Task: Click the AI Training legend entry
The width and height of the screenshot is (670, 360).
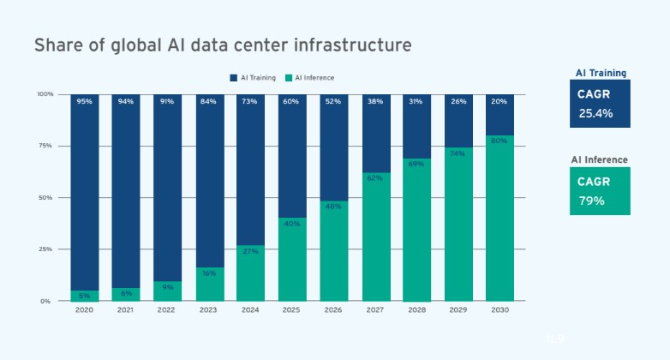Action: tap(254, 78)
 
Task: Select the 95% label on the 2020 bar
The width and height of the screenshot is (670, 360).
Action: tap(84, 102)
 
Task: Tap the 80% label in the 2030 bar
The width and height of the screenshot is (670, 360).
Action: tap(499, 141)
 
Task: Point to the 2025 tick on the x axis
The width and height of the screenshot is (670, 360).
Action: tap(291, 309)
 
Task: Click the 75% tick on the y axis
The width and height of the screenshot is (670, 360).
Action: tap(45, 146)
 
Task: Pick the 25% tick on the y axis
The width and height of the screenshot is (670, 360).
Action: tap(45, 249)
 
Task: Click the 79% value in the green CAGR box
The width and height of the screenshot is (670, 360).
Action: tap(591, 201)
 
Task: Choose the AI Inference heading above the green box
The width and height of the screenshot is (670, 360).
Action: tap(600, 159)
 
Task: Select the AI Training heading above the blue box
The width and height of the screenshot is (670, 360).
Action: tap(600, 73)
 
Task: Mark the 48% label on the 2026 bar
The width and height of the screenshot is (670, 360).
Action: tap(333, 207)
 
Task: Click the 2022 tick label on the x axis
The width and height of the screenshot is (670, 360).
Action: tap(167, 309)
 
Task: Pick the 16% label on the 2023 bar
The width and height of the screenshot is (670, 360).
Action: tap(208, 273)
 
